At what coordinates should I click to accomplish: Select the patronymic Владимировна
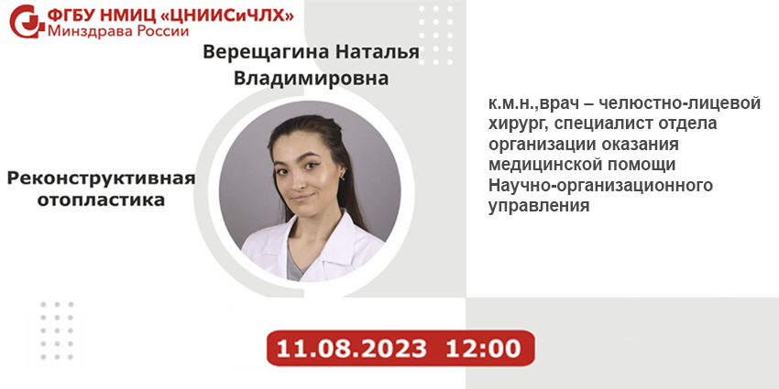coord(311,79)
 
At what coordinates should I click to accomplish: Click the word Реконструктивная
coord(101,178)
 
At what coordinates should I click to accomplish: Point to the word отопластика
coord(101,200)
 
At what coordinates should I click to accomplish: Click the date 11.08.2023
coord(351,349)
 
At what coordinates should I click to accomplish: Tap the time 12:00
coord(483,349)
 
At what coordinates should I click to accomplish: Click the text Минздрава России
coord(118,32)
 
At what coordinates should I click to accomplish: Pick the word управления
coord(539,206)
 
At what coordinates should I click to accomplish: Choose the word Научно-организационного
coord(600,186)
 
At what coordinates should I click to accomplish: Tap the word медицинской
coord(547,165)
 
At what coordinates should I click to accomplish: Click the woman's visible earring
coord(343,175)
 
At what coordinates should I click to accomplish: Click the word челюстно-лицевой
coord(680,103)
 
